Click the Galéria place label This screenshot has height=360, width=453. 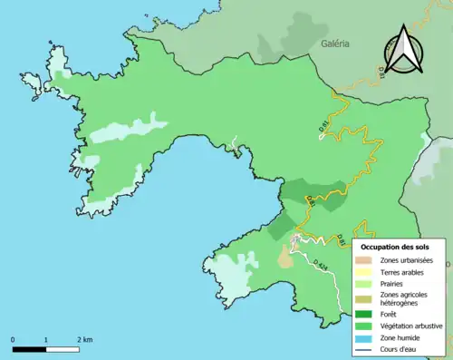pos(334,43)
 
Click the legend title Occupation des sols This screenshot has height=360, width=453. pos(395,246)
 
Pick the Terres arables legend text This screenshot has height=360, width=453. pos(404,271)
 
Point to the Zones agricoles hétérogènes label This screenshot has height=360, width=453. pos(405,298)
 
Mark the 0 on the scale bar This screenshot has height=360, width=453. pos(14,339)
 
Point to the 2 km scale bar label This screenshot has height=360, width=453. pos(84,339)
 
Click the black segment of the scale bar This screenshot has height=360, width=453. pos(30,348)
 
